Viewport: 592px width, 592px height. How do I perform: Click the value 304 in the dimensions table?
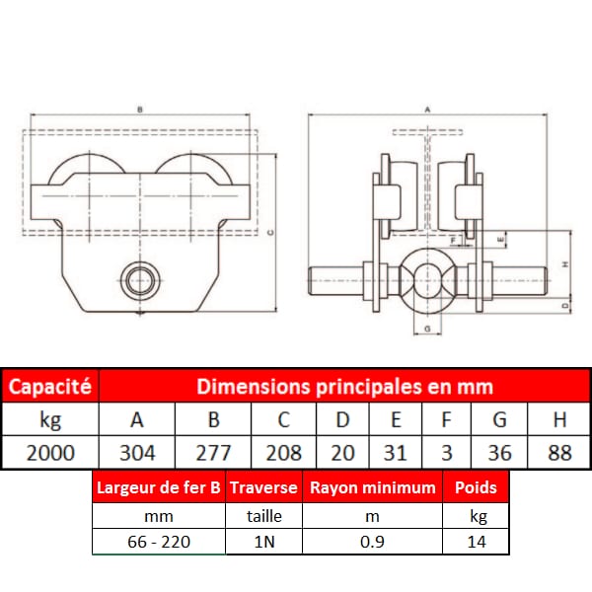click(x=137, y=453)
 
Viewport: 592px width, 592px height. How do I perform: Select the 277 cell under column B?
click(x=213, y=453)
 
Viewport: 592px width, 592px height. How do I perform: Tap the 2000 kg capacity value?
click(x=50, y=453)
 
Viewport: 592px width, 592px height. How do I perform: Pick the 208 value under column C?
click(x=283, y=453)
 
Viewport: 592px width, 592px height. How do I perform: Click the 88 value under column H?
click(x=559, y=453)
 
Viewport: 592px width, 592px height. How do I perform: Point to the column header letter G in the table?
click(x=499, y=419)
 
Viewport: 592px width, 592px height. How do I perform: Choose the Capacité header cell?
click(x=50, y=386)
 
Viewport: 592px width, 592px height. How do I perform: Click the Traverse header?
click(x=263, y=487)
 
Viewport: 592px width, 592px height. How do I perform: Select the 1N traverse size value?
click(x=264, y=542)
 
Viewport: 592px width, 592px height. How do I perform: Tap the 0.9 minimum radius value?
click(x=372, y=542)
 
